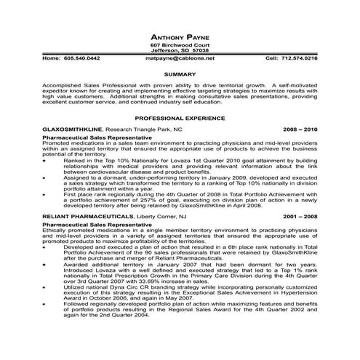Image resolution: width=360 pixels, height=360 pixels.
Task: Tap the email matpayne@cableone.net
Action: click(x=180, y=57)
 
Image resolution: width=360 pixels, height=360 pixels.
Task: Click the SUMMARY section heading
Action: click(x=180, y=74)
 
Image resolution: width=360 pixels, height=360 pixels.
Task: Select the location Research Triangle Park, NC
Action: click(x=146, y=128)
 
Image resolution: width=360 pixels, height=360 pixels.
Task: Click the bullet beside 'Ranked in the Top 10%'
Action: click(x=47, y=160)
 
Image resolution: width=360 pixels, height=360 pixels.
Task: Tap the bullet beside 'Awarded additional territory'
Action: click(x=47, y=265)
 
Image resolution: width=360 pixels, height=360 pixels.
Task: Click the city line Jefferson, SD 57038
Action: click(x=180, y=51)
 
